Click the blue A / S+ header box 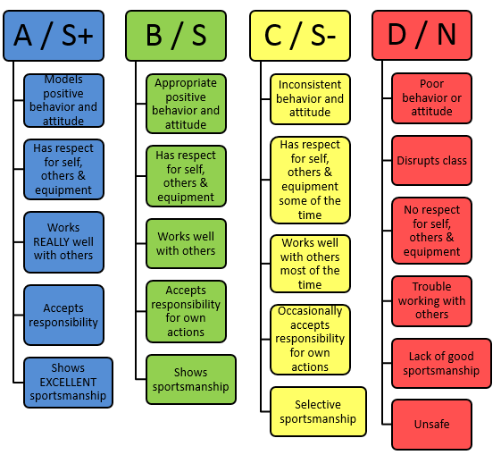tap(54, 36)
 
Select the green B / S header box tap(176, 36)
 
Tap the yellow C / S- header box tap(300, 36)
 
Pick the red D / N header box tap(422, 35)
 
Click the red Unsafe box tap(431, 425)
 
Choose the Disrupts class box tap(431, 160)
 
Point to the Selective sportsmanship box tap(318, 411)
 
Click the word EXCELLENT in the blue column tap(68, 382)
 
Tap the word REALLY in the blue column tap(48, 241)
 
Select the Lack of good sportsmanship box tap(441, 363)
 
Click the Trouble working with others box tap(431, 301)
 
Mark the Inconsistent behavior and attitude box tap(310, 99)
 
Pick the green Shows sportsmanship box tap(191, 379)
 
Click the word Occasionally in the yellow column tap(310, 311)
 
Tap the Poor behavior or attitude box tap(431, 98)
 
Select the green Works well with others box tap(186, 244)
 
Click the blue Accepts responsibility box tap(63, 315)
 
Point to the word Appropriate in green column tap(186, 83)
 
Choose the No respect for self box tap(431, 231)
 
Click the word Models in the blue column tap(63, 80)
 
